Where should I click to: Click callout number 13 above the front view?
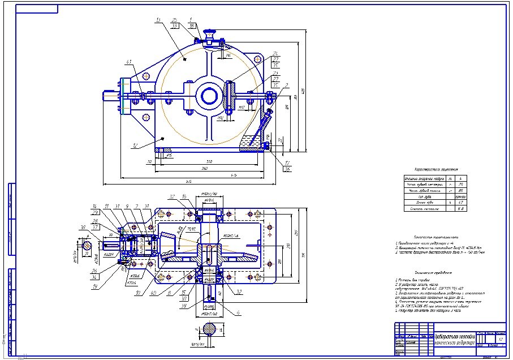[x=158, y=20]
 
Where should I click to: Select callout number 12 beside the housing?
[x=135, y=146]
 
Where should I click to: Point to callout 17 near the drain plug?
[x=288, y=163]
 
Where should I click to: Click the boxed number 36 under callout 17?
[x=288, y=169]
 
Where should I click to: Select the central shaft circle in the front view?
[x=209, y=96]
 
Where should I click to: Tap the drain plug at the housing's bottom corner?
[x=266, y=145]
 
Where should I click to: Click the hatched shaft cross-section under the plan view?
[x=209, y=330]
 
